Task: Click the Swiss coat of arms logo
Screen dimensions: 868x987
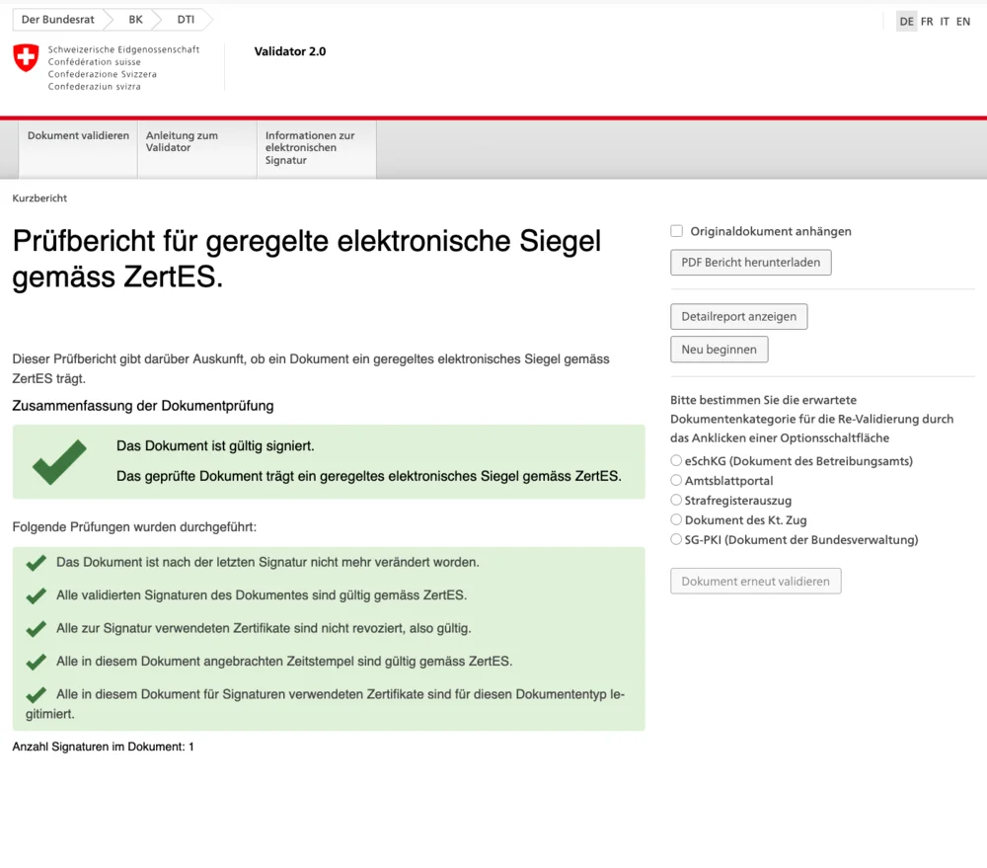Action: click(26, 57)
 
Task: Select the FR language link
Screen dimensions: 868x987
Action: click(927, 22)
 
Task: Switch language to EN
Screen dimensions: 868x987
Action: click(963, 22)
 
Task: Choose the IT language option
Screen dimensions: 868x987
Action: click(945, 22)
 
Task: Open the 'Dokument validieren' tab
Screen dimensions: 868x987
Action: click(78, 136)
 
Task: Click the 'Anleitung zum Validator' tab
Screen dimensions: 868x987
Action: click(183, 142)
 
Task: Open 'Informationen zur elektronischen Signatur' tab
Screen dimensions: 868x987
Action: click(310, 148)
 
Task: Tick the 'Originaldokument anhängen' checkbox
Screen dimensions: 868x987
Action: click(677, 231)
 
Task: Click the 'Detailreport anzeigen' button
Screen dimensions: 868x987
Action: click(739, 317)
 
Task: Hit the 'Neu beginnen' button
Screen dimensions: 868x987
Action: click(719, 350)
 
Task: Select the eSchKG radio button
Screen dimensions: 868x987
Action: click(676, 460)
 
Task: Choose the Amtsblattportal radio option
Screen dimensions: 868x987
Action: click(676, 480)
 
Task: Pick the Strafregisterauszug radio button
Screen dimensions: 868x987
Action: click(676, 500)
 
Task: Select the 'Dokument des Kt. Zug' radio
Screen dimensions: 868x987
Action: click(676, 519)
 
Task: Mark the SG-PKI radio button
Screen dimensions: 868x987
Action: click(676, 539)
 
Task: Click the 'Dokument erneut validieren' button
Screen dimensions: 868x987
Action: click(755, 582)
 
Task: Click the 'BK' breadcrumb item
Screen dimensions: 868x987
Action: click(135, 20)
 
